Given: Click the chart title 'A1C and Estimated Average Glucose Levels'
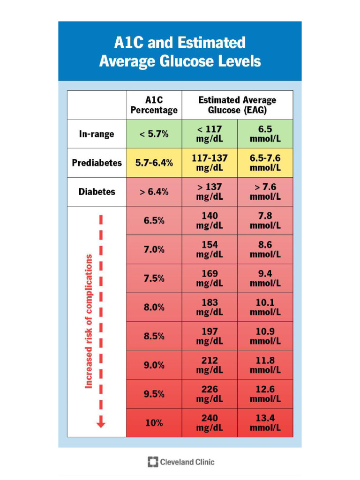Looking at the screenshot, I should [x=180, y=52].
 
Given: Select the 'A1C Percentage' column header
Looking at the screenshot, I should [x=154, y=105].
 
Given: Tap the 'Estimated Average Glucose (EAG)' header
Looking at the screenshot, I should [x=237, y=105].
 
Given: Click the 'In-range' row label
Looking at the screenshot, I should [x=97, y=134].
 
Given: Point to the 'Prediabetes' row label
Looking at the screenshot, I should [x=97, y=163].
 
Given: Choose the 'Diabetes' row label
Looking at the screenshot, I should [x=97, y=192].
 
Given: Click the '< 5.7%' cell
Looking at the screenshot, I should [x=154, y=134].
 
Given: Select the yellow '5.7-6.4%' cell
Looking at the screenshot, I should [x=154, y=163].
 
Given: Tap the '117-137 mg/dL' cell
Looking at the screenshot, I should [x=210, y=163].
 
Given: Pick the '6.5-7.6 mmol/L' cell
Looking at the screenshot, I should [x=265, y=163].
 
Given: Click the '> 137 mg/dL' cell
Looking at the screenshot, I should [x=210, y=192].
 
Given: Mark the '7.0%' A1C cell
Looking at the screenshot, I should [x=154, y=249].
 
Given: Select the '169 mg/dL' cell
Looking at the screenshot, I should [x=210, y=278].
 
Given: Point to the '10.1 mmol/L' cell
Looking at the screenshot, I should [x=265, y=307].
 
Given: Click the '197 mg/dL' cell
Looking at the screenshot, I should [x=210, y=336].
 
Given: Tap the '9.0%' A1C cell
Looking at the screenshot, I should [x=154, y=365].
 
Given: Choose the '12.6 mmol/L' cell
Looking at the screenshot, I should [x=265, y=394].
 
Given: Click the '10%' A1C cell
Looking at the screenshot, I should [x=154, y=423].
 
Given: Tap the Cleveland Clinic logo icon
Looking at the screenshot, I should [x=153, y=462].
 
